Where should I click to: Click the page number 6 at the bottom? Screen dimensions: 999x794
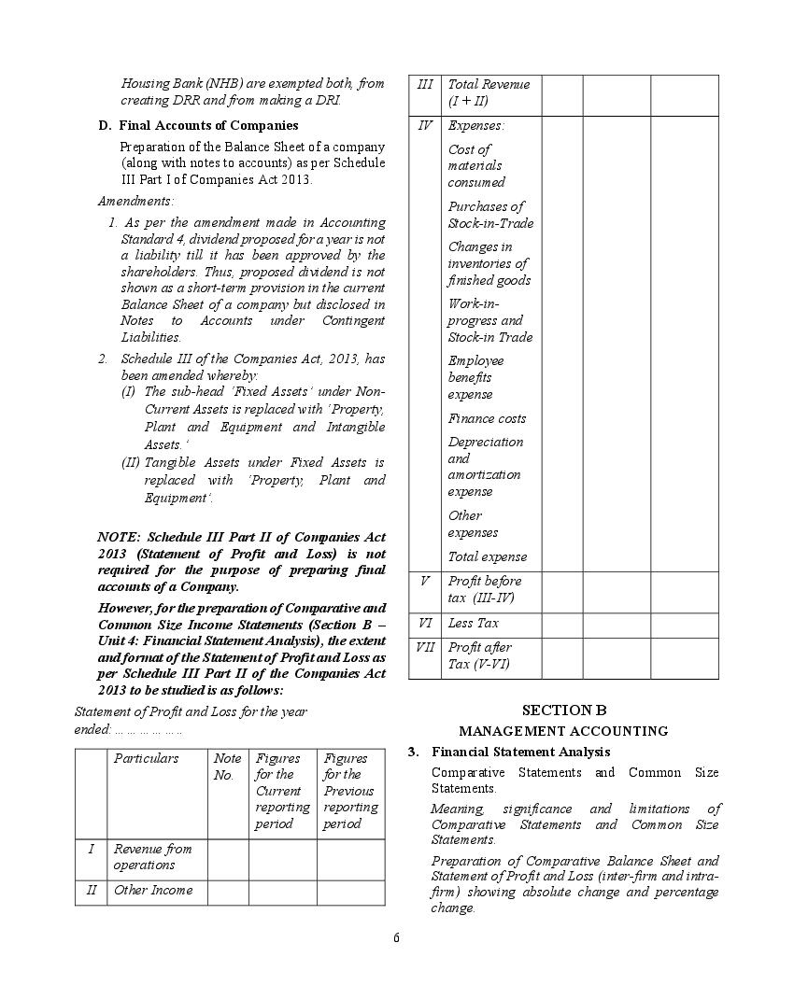(x=396, y=938)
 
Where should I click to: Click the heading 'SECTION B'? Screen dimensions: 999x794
(x=563, y=711)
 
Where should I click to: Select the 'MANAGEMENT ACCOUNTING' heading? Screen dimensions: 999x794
(x=563, y=731)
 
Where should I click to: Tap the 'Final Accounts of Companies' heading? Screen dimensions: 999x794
(x=208, y=125)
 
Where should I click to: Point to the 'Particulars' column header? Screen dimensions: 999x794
(x=146, y=758)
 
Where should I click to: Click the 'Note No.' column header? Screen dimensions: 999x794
(x=227, y=767)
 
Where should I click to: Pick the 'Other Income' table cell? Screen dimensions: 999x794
(x=153, y=890)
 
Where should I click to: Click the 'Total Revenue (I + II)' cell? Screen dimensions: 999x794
(x=489, y=92)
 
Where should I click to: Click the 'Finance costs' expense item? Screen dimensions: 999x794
(x=487, y=418)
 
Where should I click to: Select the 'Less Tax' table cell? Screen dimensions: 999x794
(x=474, y=623)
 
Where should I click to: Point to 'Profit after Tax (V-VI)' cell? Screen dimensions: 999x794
(x=480, y=655)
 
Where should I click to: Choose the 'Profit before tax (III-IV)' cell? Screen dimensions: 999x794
(x=485, y=589)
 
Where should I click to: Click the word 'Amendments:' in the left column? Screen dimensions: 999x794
(x=135, y=201)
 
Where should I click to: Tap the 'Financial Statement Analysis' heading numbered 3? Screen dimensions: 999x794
(x=520, y=752)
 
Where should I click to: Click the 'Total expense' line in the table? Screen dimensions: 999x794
(x=487, y=556)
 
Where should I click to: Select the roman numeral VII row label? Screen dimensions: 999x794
(x=424, y=647)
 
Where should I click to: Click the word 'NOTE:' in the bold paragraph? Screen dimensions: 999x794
(x=120, y=537)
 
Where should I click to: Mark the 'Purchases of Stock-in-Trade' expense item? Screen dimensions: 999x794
(x=490, y=215)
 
